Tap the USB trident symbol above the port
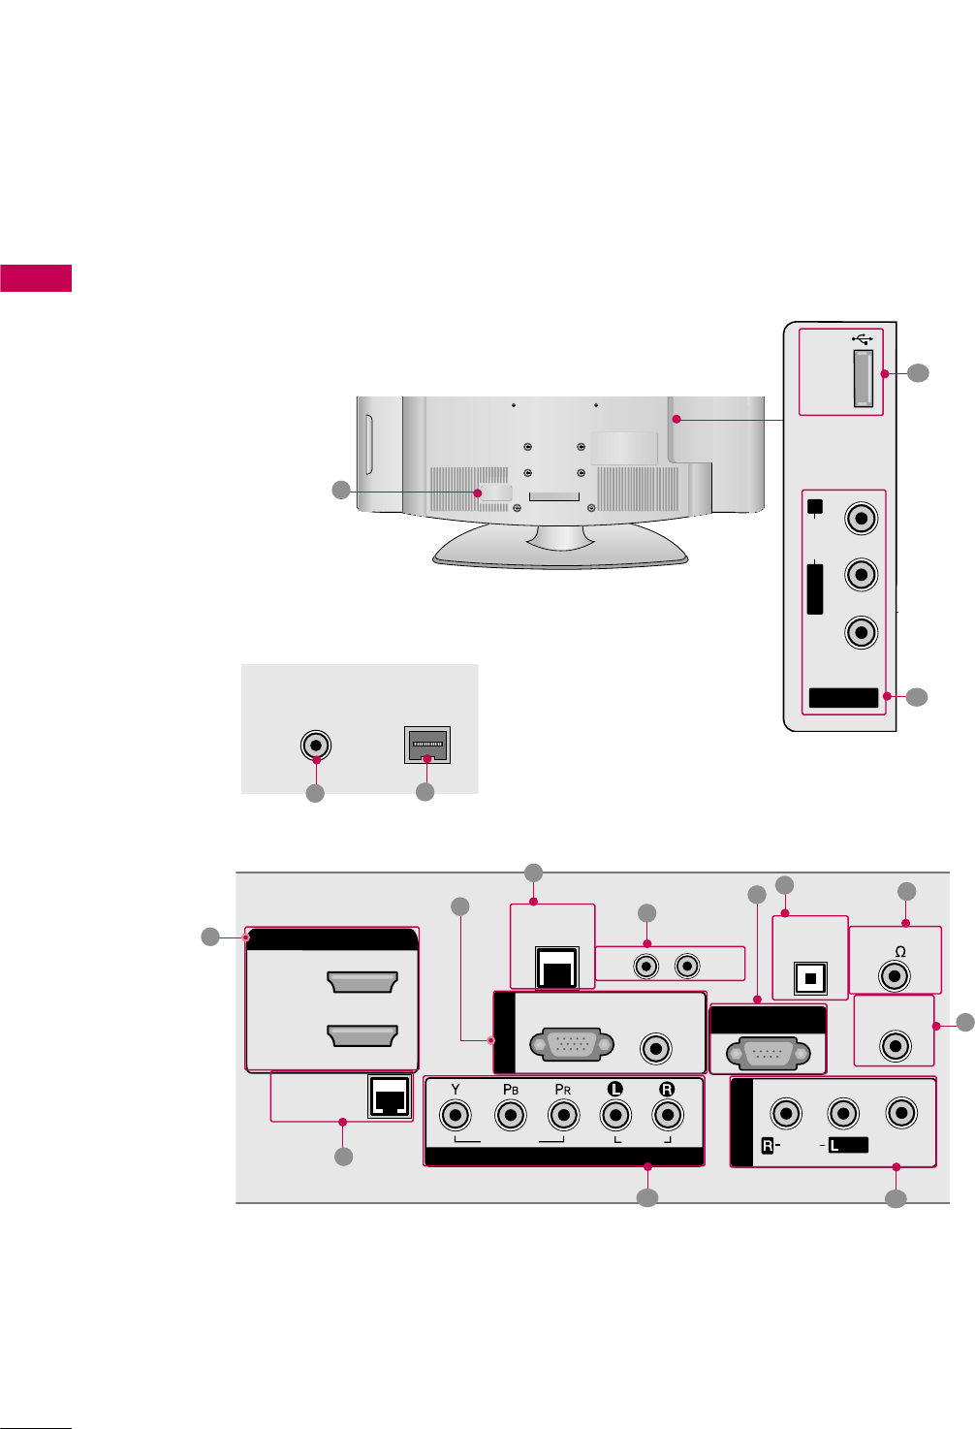[x=863, y=338]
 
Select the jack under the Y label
[x=456, y=1115]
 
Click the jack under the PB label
[x=510, y=1115]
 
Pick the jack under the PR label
[x=563, y=1115]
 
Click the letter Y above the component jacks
[x=456, y=1089]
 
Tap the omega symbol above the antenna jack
[x=899, y=952]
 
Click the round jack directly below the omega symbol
[x=895, y=975]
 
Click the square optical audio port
[x=808, y=977]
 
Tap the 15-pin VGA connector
[x=572, y=1046]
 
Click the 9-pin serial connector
[x=768, y=1052]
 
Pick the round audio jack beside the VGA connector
[x=657, y=1048]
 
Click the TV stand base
[x=560, y=548]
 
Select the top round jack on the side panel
[x=861, y=518]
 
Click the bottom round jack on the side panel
[x=861, y=632]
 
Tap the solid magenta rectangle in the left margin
[x=36, y=277]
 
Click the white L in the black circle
[x=614, y=1089]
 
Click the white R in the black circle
[x=667, y=1089]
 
